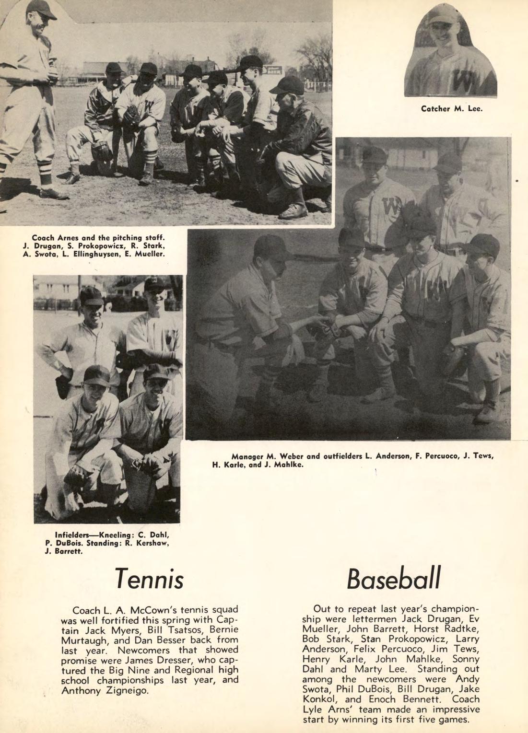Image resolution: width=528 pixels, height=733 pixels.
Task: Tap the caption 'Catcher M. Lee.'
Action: point(451,109)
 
